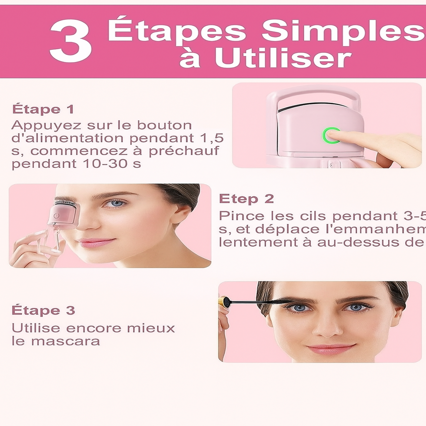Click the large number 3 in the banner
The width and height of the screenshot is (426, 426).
71,41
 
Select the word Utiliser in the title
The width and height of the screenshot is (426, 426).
283,58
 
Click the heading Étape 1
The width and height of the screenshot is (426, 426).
43,109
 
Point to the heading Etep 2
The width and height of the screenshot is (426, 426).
246,199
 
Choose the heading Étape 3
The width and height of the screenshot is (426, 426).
43,310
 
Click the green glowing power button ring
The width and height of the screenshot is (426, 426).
331,136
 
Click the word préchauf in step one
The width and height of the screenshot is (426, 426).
184,151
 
